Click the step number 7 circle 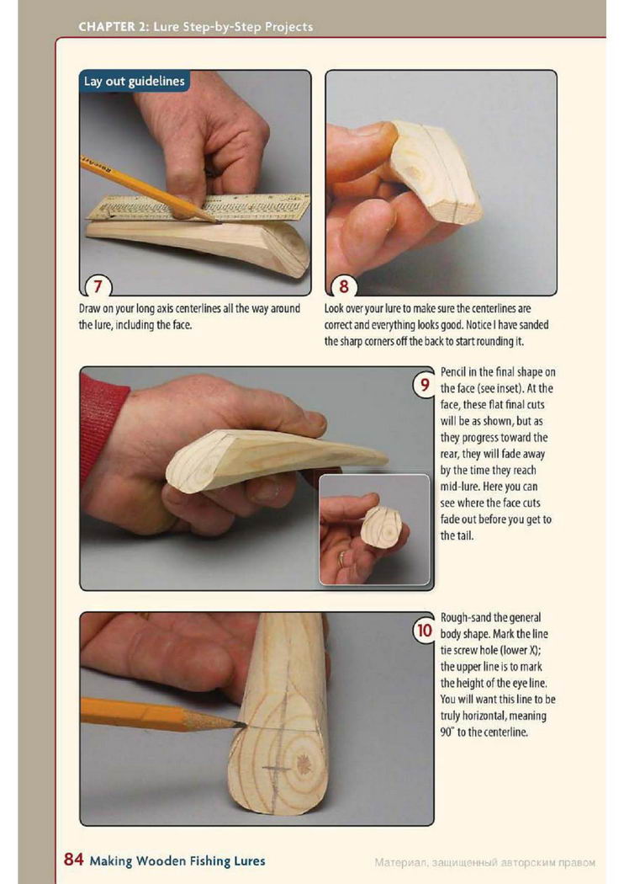coord(98,286)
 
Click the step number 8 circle coord(344,286)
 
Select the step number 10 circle coord(424,630)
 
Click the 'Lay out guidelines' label coord(134,81)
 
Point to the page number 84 coord(74,860)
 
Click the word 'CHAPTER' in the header coord(107,26)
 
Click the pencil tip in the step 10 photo coord(243,724)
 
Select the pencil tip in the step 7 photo coord(217,221)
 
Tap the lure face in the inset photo coord(381,526)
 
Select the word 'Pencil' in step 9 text coord(452,372)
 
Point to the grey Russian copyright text coord(484,863)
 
